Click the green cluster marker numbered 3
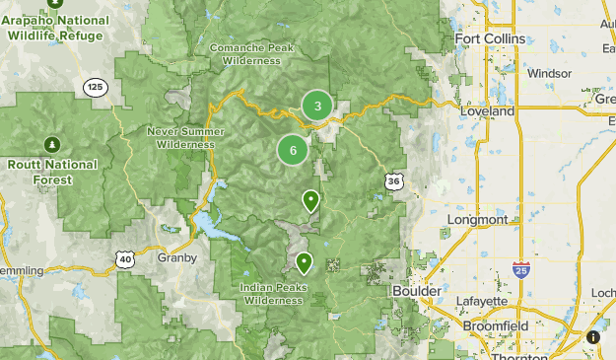(316, 106)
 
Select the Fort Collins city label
(490, 39)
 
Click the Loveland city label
(487, 112)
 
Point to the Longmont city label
(477, 219)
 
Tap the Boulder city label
(417, 292)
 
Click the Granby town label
(176, 257)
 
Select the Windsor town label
(549, 73)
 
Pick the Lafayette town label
(483, 302)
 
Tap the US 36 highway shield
(393, 180)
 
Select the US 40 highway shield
(124, 258)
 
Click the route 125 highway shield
(95, 87)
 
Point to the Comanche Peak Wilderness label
(251, 53)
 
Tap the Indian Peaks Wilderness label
(273, 294)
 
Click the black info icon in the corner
(593, 337)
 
